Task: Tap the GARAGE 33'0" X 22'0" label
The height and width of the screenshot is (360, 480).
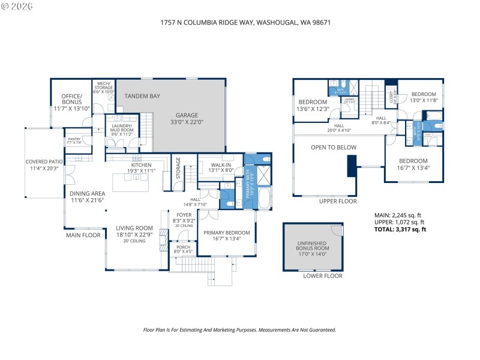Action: pos(187,119)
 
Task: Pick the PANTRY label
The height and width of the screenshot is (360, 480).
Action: pos(74,140)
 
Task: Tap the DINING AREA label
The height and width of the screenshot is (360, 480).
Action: pos(87,196)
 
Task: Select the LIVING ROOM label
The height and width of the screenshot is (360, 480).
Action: pos(134,231)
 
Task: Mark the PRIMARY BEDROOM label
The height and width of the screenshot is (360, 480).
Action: pos(226,235)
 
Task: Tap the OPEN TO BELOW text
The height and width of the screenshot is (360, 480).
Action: pos(333,148)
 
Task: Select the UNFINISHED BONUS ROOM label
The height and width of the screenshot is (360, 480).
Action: pos(313,247)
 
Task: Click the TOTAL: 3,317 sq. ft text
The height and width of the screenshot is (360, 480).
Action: pos(400,229)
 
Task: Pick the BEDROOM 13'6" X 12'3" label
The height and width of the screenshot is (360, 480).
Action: pos(313,106)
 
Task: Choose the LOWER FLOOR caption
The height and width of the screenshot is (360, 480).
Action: pos(323,276)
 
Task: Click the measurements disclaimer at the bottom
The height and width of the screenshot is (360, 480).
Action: pos(239,329)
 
